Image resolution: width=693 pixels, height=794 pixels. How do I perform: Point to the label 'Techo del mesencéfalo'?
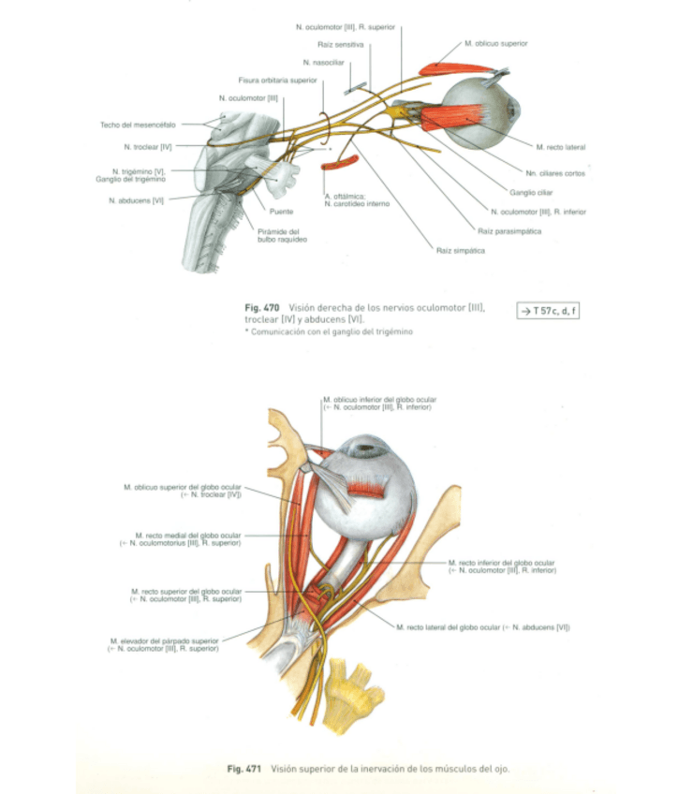(x=140, y=124)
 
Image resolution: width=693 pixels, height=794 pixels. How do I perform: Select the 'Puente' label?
(x=281, y=212)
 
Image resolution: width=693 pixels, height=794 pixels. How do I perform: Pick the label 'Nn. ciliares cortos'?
(x=556, y=173)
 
